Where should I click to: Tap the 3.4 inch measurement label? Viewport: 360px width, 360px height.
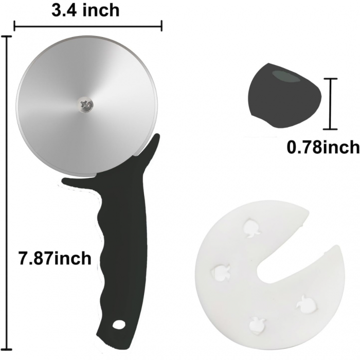[85, 9]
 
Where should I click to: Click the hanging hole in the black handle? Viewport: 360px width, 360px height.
[119, 325]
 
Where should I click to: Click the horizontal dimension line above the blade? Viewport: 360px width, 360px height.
[88, 26]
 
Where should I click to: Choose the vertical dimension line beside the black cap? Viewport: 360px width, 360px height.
[330, 104]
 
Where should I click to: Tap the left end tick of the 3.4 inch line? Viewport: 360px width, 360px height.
[14, 26]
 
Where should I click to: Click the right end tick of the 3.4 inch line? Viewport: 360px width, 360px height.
[162, 26]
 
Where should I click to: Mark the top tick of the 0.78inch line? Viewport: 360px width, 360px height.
[330, 79]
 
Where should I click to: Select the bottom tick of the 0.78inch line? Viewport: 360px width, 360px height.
[330, 130]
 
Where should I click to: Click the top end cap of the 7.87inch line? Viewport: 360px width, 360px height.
[7, 37]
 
